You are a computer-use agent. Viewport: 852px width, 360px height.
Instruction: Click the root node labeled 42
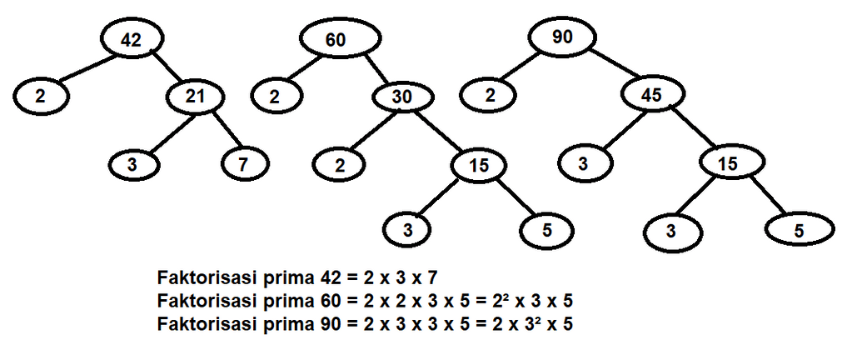tap(131, 39)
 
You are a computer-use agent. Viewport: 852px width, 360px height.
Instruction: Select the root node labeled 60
tap(335, 40)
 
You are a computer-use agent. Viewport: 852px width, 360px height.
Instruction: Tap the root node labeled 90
tap(562, 37)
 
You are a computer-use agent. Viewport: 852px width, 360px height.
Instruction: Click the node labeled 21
tap(195, 97)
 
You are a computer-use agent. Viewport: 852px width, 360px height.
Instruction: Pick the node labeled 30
tap(402, 97)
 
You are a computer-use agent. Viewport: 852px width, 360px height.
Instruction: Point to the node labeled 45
tap(652, 96)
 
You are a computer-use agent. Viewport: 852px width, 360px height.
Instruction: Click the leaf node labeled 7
tap(242, 164)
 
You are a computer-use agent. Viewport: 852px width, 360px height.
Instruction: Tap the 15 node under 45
tap(729, 164)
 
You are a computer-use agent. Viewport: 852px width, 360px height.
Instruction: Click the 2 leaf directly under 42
tap(40, 96)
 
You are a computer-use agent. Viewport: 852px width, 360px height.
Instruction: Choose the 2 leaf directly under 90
tap(491, 96)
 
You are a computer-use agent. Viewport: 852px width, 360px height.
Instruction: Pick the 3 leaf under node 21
tap(132, 164)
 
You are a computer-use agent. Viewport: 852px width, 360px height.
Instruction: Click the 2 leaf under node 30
tap(340, 164)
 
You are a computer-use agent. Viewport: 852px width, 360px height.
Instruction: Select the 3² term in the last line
tap(530, 323)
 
